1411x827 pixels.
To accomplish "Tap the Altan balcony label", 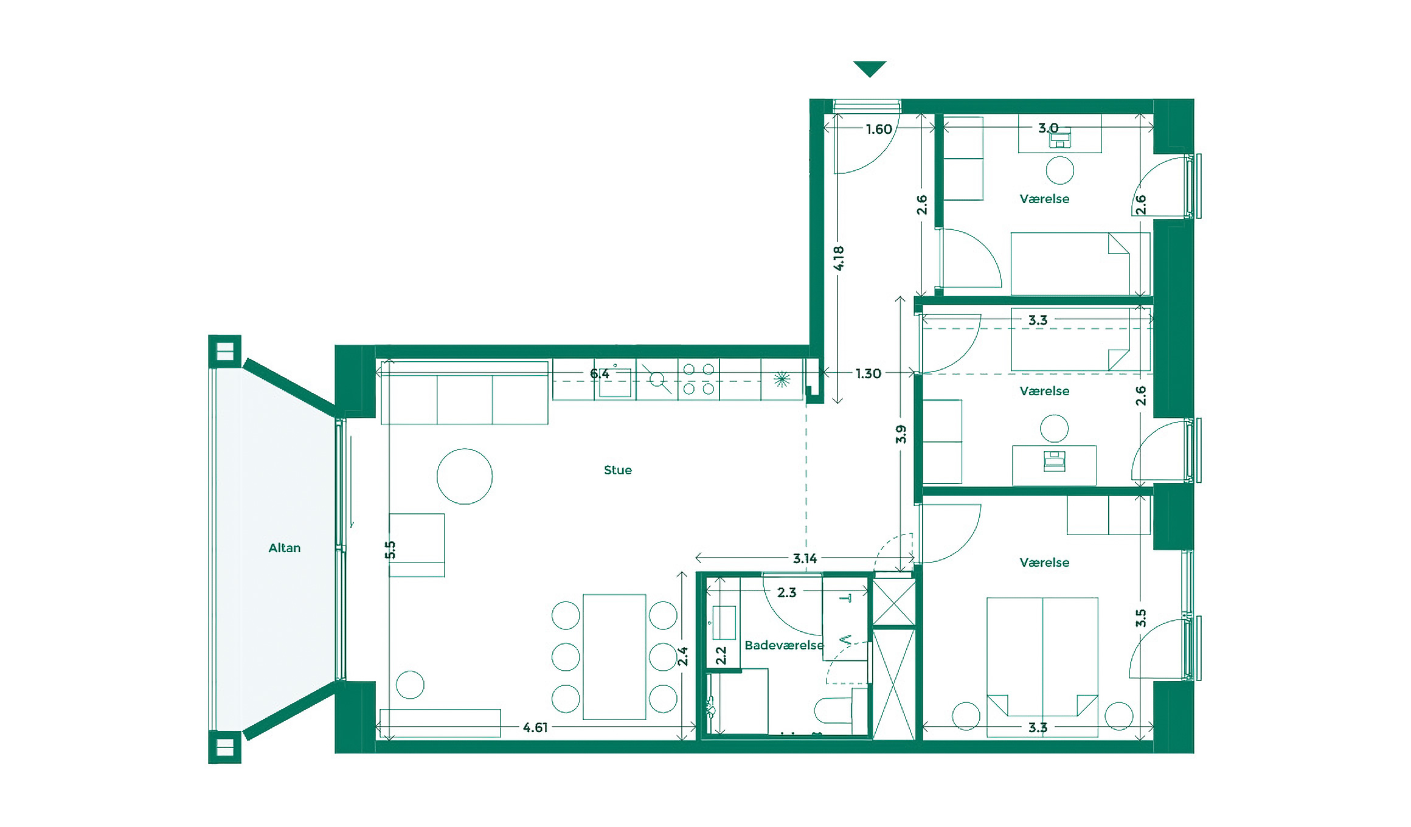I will [285, 548].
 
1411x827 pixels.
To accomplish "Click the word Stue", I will [617, 470].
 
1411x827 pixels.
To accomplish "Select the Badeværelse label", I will [784, 645].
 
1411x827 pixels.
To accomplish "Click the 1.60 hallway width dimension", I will [879, 129].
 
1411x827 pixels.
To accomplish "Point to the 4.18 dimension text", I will [839, 258].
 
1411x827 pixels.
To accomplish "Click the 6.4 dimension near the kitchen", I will [600, 373].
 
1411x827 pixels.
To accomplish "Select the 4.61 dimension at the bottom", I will [535, 727].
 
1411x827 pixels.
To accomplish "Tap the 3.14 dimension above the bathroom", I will [805, 558].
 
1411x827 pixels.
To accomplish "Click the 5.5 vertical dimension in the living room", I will [390, 550].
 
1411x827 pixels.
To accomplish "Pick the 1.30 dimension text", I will [868, 373].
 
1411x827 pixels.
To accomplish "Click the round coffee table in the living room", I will [465, 476].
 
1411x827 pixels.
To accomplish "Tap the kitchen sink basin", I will [614, 383].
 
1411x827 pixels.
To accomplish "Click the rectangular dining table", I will [614, 657].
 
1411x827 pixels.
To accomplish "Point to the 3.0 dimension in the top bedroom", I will [1048, 128].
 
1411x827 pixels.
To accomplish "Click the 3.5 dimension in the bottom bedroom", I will [1140, 618].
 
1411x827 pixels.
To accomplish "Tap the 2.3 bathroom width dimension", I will [786, 592].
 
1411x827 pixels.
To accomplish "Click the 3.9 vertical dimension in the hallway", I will [901, 434].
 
